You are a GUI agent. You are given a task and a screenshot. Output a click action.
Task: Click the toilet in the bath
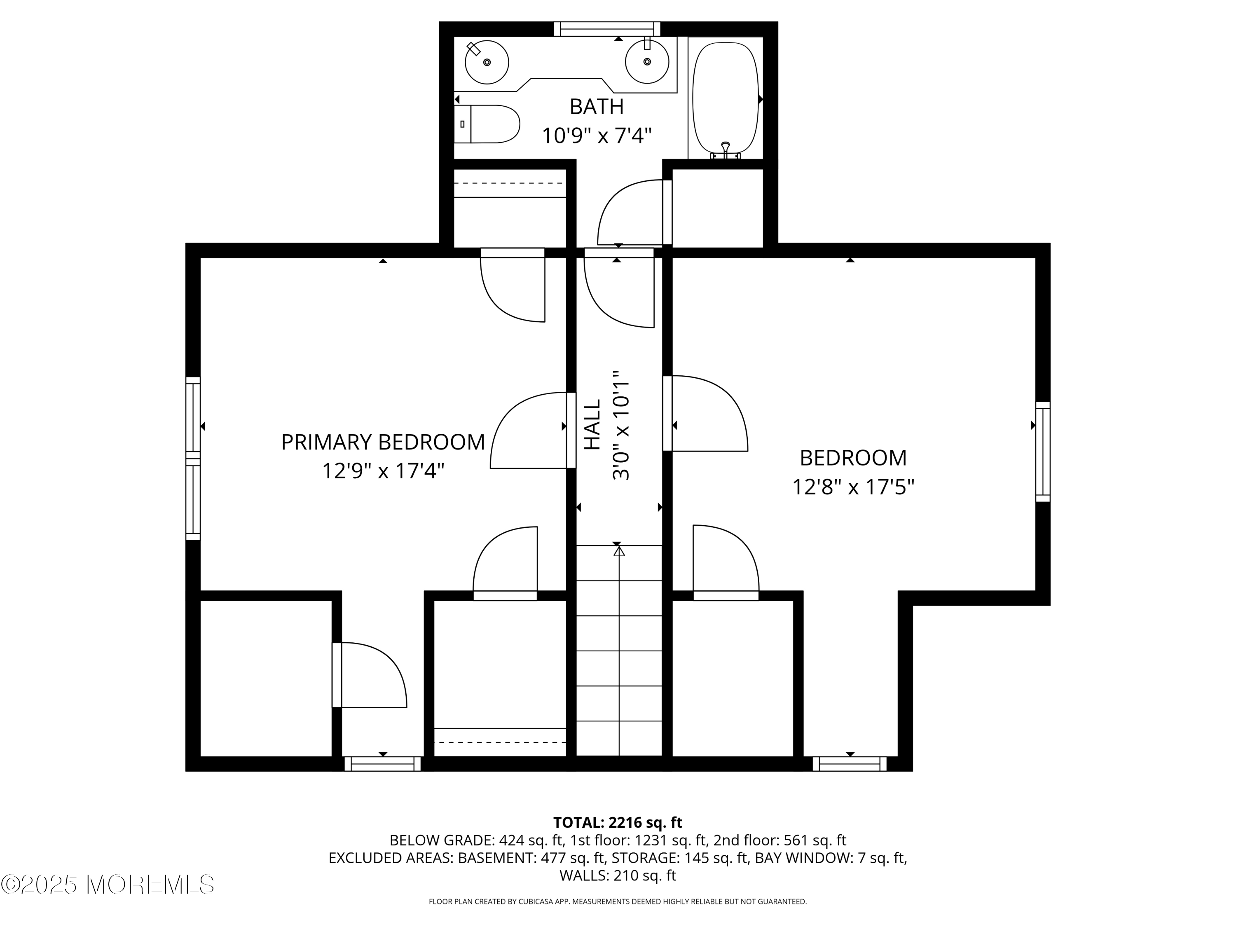coord(487,124)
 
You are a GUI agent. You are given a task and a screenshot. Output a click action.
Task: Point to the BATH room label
coord(597,107)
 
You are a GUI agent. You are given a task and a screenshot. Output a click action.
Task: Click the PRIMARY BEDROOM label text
coord(383,442)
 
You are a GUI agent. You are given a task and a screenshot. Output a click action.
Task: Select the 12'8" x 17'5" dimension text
coord(853,487)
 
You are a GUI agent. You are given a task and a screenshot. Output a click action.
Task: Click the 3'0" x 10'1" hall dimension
coord(621,425)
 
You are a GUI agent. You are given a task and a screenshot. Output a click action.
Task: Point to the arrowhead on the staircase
coord(619,551)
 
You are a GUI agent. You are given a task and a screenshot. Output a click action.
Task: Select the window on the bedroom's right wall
coord(1043,452)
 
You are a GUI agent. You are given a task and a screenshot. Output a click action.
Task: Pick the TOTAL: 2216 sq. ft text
coord(618,822)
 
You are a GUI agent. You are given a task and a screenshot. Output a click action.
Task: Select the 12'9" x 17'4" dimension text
coord(383,471)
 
